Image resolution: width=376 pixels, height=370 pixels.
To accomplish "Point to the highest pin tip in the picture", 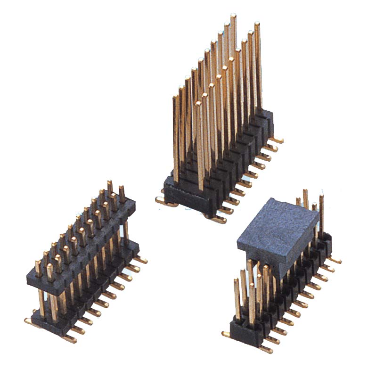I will [233, 16].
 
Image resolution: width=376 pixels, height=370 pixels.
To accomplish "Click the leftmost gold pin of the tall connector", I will [176, 137].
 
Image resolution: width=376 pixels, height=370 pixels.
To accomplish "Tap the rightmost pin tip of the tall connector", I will [257, 24].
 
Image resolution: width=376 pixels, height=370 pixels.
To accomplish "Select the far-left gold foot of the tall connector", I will [160, 200].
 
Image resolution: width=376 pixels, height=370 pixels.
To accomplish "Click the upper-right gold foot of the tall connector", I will [277, 140].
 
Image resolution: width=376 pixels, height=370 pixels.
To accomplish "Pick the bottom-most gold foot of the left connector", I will [69, 338].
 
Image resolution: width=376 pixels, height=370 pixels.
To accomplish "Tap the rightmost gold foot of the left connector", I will [142, 260].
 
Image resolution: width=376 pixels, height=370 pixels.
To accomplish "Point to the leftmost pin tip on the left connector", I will [38, 263].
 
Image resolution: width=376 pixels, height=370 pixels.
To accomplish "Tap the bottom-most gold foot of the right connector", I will [266, 350].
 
